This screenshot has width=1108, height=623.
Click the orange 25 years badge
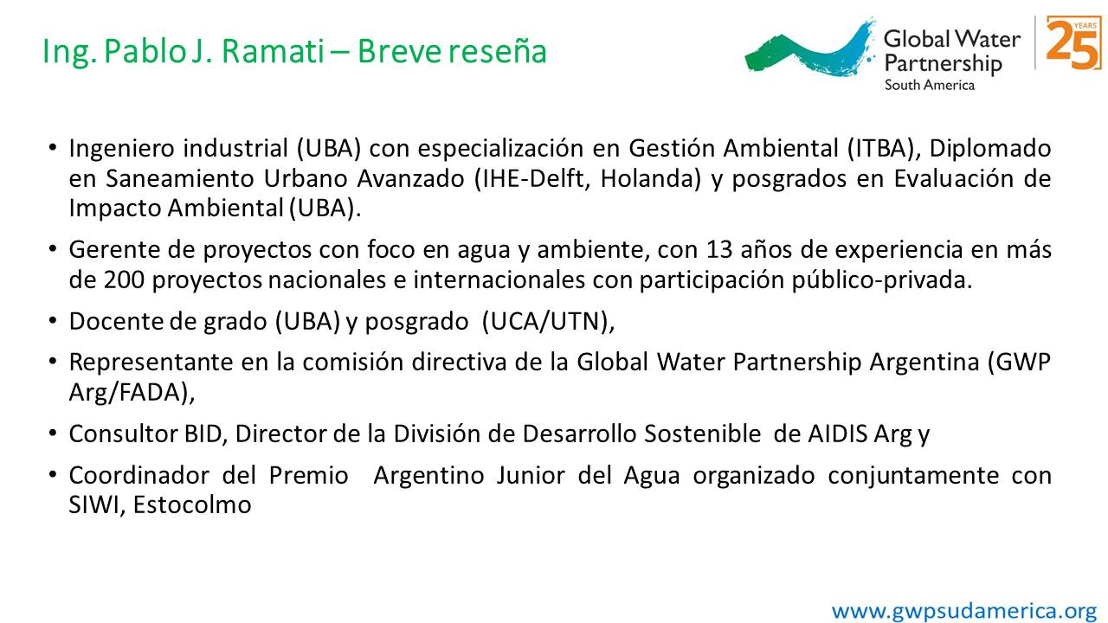click(1073, 43)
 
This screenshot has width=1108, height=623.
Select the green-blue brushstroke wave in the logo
click(809, 49)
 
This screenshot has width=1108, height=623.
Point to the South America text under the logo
click(930, 85)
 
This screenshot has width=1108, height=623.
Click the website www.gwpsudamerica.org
click(964, 611)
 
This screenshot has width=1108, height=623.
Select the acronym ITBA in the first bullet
click(880, 148)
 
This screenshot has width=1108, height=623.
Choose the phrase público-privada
click(881, 281)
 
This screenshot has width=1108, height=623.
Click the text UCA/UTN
click(548, 322)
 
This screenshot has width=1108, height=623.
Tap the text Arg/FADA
click(132, 393)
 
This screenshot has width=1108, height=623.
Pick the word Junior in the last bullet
click(531, 476)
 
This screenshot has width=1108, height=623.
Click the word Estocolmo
click(192, 505)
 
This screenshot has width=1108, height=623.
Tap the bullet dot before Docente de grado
click(53, 320)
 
